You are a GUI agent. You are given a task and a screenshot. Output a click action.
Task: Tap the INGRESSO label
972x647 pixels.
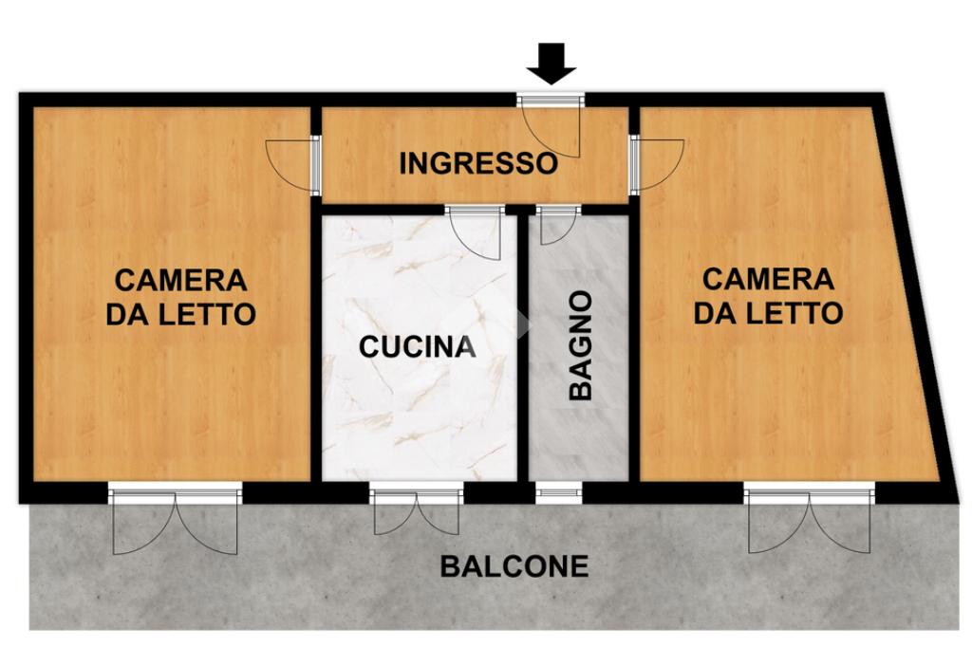coord(478,163)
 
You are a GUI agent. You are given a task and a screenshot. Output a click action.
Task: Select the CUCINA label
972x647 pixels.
coord(418,346)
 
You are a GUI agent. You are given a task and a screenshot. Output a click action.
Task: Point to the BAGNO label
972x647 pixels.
coord(581,345)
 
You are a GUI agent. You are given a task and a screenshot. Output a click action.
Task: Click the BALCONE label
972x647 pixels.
coord(514,566)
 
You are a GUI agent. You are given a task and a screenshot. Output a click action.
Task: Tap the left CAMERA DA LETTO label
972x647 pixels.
coord(180,297)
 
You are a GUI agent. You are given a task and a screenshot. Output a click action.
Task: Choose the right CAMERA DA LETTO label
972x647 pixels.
coord(767,296)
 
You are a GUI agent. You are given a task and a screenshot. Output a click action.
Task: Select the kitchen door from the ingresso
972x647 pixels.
coord(475,233)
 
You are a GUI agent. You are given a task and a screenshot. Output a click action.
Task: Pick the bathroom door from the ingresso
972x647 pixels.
coord(558,226)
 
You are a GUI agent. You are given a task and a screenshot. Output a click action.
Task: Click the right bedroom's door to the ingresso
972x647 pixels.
coord(657,163)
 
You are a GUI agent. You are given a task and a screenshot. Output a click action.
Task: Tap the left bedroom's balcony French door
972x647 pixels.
coord(175,521)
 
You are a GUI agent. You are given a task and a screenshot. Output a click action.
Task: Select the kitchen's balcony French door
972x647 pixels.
coord(418,510)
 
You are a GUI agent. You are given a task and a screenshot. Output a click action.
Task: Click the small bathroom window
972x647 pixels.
coord(559,492)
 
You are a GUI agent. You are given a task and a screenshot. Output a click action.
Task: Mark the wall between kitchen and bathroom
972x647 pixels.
coord(523,347)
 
